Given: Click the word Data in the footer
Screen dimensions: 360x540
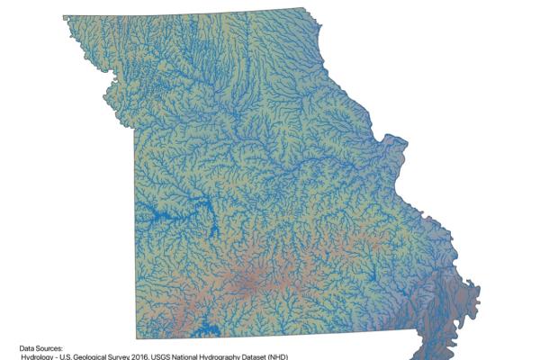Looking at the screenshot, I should (x=28, y=347).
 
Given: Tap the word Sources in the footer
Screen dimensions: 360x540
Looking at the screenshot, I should (x=50, y=347).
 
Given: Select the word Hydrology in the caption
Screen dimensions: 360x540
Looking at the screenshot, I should (x=40, y=356).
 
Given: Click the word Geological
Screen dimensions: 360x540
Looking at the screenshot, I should (x=104, y=356).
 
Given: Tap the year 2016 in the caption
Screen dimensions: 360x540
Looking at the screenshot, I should (x=166, y=356).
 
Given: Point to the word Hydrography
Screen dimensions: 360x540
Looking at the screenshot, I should (x=265, y=356).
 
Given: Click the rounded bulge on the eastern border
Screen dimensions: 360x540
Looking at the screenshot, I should (x=393, y=144).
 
